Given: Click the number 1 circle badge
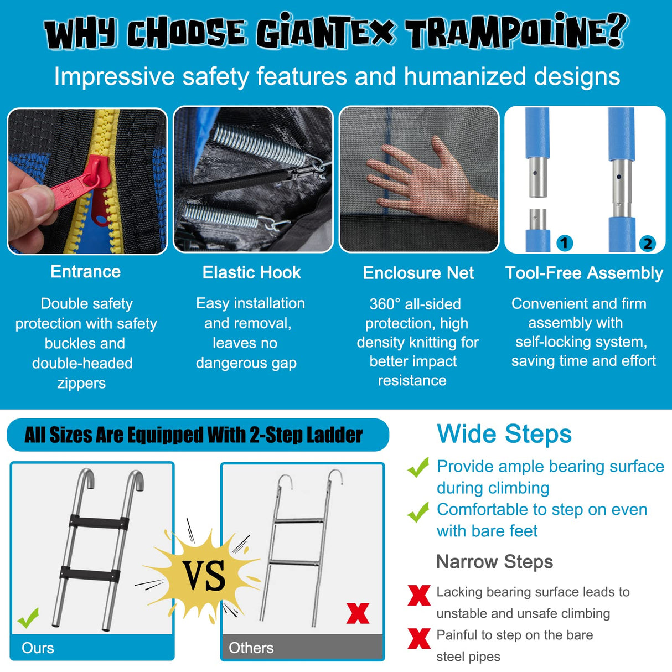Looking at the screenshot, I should tap(564, 242).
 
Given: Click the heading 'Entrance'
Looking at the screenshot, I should tap(86, 272).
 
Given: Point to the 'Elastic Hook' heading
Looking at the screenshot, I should tap(251, 272).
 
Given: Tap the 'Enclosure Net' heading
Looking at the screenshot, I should tap(418, 273).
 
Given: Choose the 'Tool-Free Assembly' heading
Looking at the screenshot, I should tap(584, 273).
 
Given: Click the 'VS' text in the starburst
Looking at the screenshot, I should tap(205, 576).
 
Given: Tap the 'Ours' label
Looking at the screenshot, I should tap(38, 648).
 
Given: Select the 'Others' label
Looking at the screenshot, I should tap(251, 648).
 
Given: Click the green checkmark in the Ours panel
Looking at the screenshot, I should tap(28, 617).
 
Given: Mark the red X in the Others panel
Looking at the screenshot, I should tap(358, 613).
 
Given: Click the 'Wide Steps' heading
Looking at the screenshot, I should tap(504, 434).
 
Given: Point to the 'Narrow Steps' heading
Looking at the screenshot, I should tap(494, 562).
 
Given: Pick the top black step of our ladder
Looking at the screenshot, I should tap(99, 523).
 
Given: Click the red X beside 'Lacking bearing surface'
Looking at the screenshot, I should tap(419, 595).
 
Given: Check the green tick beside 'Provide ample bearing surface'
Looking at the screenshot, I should tap(418, 467).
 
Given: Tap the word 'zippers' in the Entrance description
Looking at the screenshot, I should tap(81, 383).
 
